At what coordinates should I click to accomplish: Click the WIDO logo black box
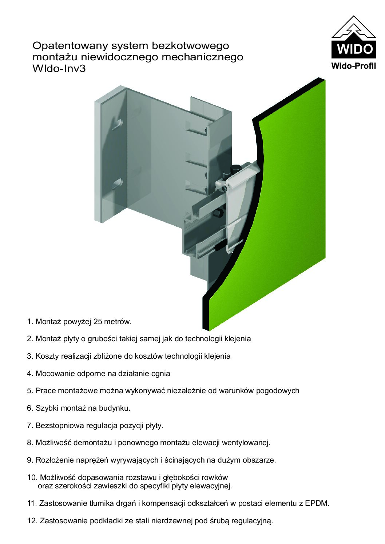coord(353,49)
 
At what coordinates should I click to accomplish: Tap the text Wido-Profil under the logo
coord(353,66)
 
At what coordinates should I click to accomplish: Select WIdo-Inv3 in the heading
coord(59,69)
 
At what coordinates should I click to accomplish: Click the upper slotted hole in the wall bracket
coord(118,124)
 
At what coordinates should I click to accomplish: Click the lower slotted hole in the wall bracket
coord(118,184)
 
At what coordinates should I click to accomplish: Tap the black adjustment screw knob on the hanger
coord(235,169)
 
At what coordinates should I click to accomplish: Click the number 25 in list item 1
coord(98,322)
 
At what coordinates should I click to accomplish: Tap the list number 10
coord(31,477)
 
